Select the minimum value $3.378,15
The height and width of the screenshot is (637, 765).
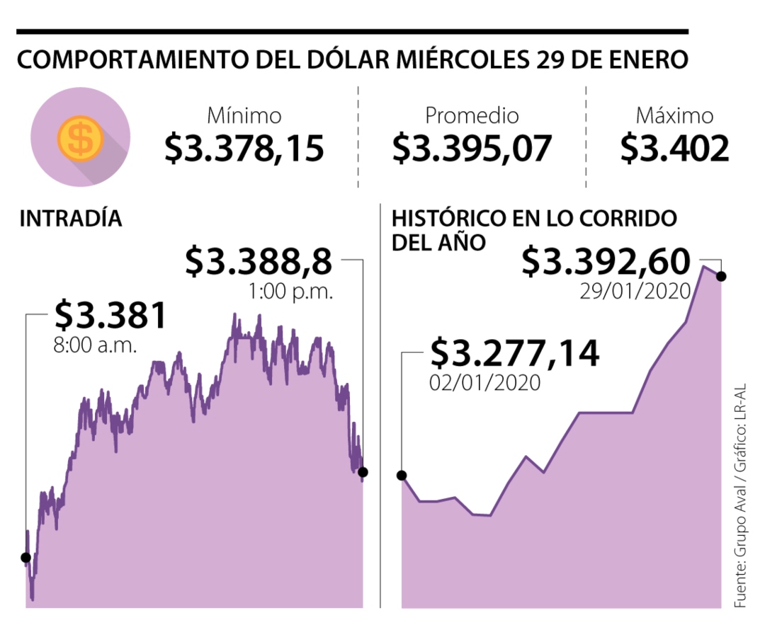click(x=244, y=148)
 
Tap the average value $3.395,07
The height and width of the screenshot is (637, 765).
click(x=472, y=148)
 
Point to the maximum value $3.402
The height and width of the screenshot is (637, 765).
click(x=674, y=148)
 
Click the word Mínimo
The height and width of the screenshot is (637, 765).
click(x=244, y=115)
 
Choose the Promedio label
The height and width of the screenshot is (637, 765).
click(x=472, y=115)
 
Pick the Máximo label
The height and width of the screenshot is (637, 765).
click(x=674, y=115)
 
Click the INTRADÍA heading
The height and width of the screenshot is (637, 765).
click(x=71, y=219)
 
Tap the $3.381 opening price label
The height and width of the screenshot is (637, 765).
click(x=110, y=316)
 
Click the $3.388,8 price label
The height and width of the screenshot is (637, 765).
click(x=259, y=261)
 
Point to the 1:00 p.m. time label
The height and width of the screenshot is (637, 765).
click(x=290, y=291)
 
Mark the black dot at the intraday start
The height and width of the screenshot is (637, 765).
click(x=26, y=558)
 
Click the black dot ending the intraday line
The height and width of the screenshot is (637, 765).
click(x=363, y=472)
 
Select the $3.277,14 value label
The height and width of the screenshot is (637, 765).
click(x=515, y=352)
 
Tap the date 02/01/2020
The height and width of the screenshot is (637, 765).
click(x=485, y=382)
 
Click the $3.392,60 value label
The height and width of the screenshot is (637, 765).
click(x=606, y=262)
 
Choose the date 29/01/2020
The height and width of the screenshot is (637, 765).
click(x=634, y=291)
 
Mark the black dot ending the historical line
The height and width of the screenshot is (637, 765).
click(x=721, y=276)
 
